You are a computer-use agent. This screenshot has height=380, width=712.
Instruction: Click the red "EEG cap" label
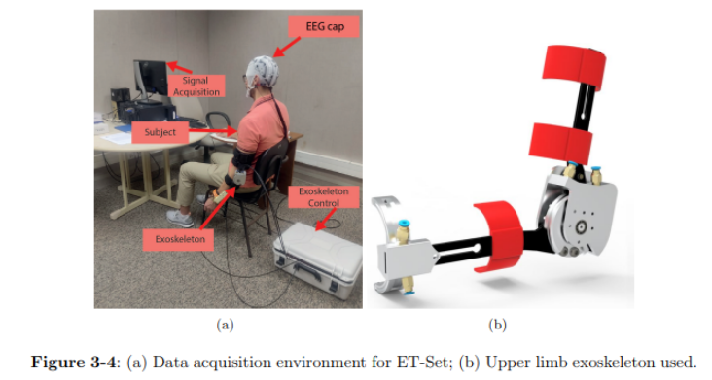pyautogui.click(x=324, y=26)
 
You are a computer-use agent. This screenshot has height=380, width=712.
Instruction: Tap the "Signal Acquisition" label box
pyautogui.click(x=196, y=86)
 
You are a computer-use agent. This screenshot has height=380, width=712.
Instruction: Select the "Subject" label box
pyautogui.click(x=160, y=132)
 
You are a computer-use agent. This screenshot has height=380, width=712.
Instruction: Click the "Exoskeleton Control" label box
pyautogui.click(x=323, y=196)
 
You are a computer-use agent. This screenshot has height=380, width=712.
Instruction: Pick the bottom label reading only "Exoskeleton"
pyautogui.click(x=178, y=239)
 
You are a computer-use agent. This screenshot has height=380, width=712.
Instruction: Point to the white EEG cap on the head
pyautogui.click(x=263, y=72)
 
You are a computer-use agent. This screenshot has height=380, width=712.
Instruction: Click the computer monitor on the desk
pyautogui.click(x=151, y=78)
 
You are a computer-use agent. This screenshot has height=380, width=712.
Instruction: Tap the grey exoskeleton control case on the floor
pyautogui.click(x=318, y=259)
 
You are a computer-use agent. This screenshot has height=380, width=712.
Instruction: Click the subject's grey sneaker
pyautogui.click(x=180, y=218)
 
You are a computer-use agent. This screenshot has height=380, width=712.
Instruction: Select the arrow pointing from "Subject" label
pyautogui.click(x=213, y=131)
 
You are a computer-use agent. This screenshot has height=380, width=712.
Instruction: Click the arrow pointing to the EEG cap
pyautogui.click(x=287, y=48)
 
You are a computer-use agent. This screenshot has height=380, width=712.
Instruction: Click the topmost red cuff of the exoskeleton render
pyautogui.click(x=574, y=68)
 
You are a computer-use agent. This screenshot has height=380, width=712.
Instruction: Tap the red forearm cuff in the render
pyautogui.click(x=498, y=237)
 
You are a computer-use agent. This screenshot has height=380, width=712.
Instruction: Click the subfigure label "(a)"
pyautogui.click(x=226, y=325)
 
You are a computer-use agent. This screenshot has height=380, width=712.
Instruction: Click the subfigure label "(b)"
pyautogui.click(x=497, y=325)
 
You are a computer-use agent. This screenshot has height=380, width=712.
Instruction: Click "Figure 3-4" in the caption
pyautogui.click(x=73, y=362)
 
